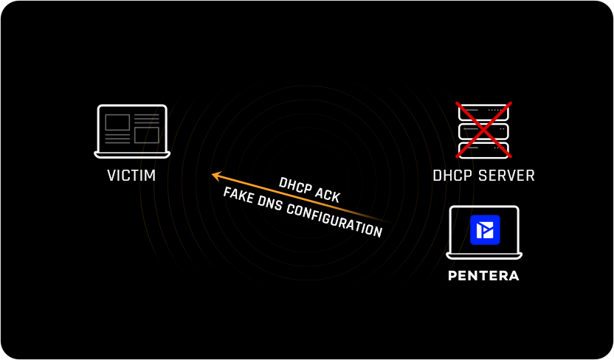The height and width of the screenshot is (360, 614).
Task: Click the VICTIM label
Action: pyautogui.click(x=131, y=176)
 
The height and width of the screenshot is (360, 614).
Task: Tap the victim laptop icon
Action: pyautogui.click(x=132, y=131)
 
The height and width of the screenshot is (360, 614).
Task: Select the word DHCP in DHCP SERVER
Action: pyautogui.click(x=452, y=176)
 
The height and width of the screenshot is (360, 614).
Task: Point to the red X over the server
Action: pyautogui.click(x=483, y=130)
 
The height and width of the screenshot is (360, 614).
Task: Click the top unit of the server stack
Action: pyautogui.click(x=483, y=112)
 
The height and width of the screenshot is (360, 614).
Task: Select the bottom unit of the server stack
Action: pyautogui.click(x=483, y=150)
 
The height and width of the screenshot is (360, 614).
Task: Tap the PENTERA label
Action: pyautogui.click(x=483, y=276)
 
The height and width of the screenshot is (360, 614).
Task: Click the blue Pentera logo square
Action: pyautogui.click(x=485, y=229)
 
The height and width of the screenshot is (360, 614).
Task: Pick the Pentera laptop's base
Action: pyautogui.click(x=484, y=256)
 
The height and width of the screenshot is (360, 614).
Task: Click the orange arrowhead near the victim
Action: pyautogui.click(x=215, y=176)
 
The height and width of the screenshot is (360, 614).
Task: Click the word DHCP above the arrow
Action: pyautogui.click(x=294, y=185)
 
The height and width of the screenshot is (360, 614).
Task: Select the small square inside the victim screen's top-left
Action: pyautogui.click(x=117, y=122)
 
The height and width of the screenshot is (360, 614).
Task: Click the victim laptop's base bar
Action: pyautogui.click(x=132, y=155)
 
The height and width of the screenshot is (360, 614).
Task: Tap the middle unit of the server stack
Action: pyautogui.click(x=483, y=131)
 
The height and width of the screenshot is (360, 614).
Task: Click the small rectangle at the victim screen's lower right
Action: pyautogui.click(x=147, y=135)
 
